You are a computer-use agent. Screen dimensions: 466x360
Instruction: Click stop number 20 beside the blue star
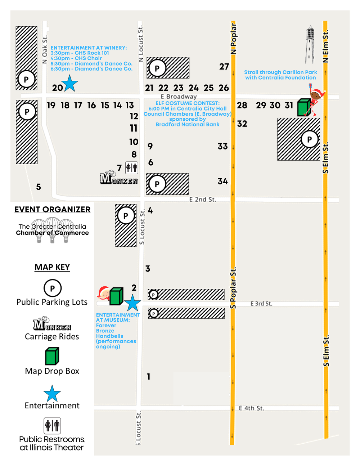57,88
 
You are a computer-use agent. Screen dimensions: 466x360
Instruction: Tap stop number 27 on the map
224,67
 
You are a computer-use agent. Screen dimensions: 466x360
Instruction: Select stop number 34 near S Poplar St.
222,181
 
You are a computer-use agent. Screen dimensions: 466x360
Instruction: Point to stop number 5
39,187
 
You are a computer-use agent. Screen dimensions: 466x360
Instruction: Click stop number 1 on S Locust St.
149,377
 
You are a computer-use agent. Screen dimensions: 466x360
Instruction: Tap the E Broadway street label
179,97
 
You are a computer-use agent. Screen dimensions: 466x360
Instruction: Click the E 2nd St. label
203,200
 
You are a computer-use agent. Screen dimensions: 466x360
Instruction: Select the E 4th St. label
251,408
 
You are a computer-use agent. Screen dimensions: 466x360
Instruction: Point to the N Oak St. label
45,49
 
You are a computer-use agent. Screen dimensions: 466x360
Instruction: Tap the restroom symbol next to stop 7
131,167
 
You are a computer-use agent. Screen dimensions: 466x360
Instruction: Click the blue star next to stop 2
132,303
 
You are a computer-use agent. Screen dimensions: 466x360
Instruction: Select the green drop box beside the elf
303,107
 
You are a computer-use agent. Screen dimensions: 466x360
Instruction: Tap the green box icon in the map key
52,356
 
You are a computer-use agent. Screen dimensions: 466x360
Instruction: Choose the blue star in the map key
52,393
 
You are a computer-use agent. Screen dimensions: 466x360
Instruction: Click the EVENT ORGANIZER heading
53,210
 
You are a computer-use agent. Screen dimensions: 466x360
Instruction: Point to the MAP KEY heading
52,267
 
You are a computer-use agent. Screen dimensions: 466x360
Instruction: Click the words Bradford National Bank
187,124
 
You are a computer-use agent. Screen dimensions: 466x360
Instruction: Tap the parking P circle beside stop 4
126,216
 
